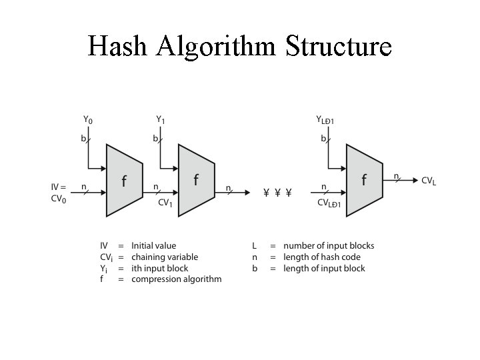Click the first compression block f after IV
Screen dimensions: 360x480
124,181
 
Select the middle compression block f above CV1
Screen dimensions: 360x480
196,181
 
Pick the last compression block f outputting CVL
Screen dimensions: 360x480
364,180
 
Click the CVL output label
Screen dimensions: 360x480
429,181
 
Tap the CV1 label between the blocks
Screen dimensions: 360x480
165,203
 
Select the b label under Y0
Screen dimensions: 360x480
83,139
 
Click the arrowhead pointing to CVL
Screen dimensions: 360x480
414,180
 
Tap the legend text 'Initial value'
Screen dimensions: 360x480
154,246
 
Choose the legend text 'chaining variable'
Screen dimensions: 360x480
165,257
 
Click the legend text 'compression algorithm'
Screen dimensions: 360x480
176,279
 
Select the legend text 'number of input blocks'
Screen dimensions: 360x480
329,246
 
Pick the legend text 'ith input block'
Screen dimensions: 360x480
160,269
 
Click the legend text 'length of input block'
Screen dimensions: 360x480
324,269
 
